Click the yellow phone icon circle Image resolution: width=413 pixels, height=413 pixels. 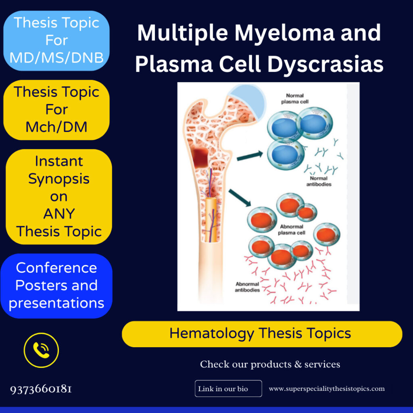tap(41, 350)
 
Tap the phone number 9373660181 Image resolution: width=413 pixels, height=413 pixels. tap(41, 389)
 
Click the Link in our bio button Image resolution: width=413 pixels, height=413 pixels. tap(228, 389)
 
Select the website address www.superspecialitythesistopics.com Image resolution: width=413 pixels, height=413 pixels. tap(327, 389)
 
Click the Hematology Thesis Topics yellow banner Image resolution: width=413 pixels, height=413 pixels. tap(262, 334)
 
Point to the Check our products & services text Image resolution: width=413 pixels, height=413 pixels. tap(270, 364)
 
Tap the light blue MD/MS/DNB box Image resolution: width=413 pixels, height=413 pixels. tap(56, 41)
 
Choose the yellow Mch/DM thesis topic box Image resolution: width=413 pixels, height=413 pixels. tap(56, 110)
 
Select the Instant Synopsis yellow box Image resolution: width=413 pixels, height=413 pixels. tap(59, 196)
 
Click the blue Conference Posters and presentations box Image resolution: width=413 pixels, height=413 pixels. tap(56, 286)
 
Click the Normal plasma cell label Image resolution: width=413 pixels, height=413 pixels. tap(294, 99)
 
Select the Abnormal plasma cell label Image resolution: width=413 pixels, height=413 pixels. tap(292, 230)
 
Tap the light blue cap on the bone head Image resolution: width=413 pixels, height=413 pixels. tap(246, 101)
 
